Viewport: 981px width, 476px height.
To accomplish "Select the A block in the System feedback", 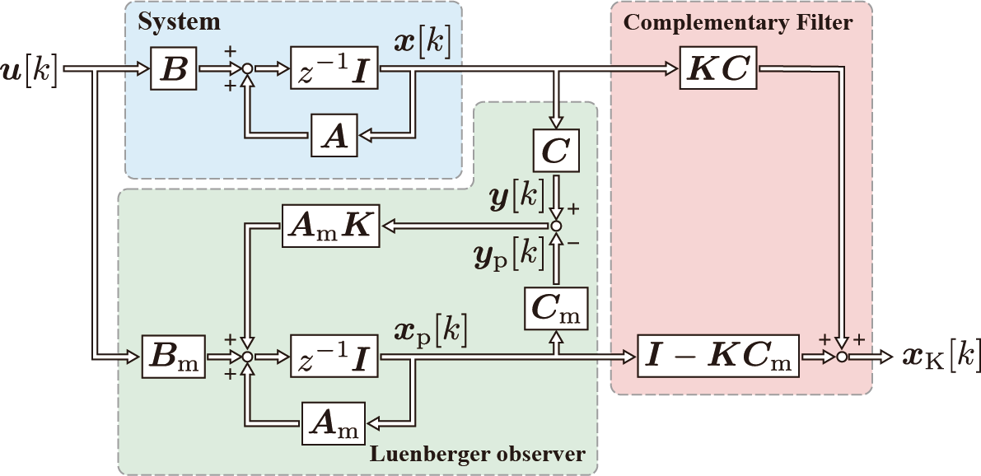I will coord(334,136).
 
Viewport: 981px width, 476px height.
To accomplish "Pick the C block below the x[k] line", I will coord(557,152).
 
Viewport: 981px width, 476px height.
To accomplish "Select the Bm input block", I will coord(174,357).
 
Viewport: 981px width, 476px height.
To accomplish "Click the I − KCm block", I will coord(718,357).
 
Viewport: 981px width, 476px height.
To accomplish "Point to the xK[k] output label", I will coord(937,357).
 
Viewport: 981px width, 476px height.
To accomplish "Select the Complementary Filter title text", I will coord(738,22).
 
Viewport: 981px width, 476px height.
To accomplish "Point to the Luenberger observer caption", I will coord(478,454).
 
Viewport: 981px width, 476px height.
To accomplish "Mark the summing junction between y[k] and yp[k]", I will coord(557,226).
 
